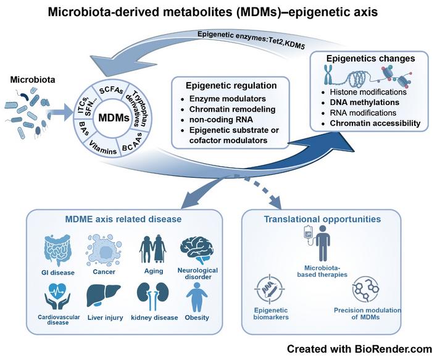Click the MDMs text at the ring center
click(113, 117)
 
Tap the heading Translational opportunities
click(322, 218)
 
